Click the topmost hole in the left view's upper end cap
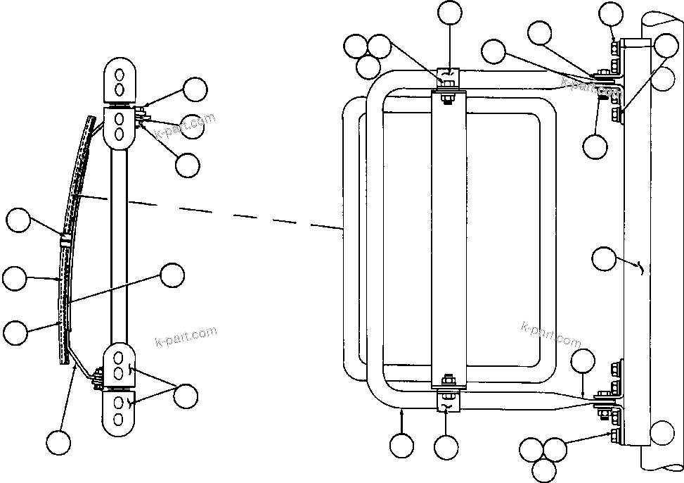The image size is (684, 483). [120, 73]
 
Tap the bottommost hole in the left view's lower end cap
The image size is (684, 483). [119, 420]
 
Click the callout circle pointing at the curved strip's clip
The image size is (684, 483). [19, 220]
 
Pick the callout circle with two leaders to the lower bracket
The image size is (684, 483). [186, 396]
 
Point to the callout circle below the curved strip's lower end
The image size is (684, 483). [59, 443]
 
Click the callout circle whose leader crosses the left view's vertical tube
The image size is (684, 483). [172, 275]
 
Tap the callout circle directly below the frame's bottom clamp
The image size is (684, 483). [446, 447]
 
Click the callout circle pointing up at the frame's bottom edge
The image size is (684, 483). [401, 446]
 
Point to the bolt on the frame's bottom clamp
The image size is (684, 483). [448, 383]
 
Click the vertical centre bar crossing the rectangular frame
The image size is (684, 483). [449, 239]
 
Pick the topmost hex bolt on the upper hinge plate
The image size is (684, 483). [615, 48]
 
